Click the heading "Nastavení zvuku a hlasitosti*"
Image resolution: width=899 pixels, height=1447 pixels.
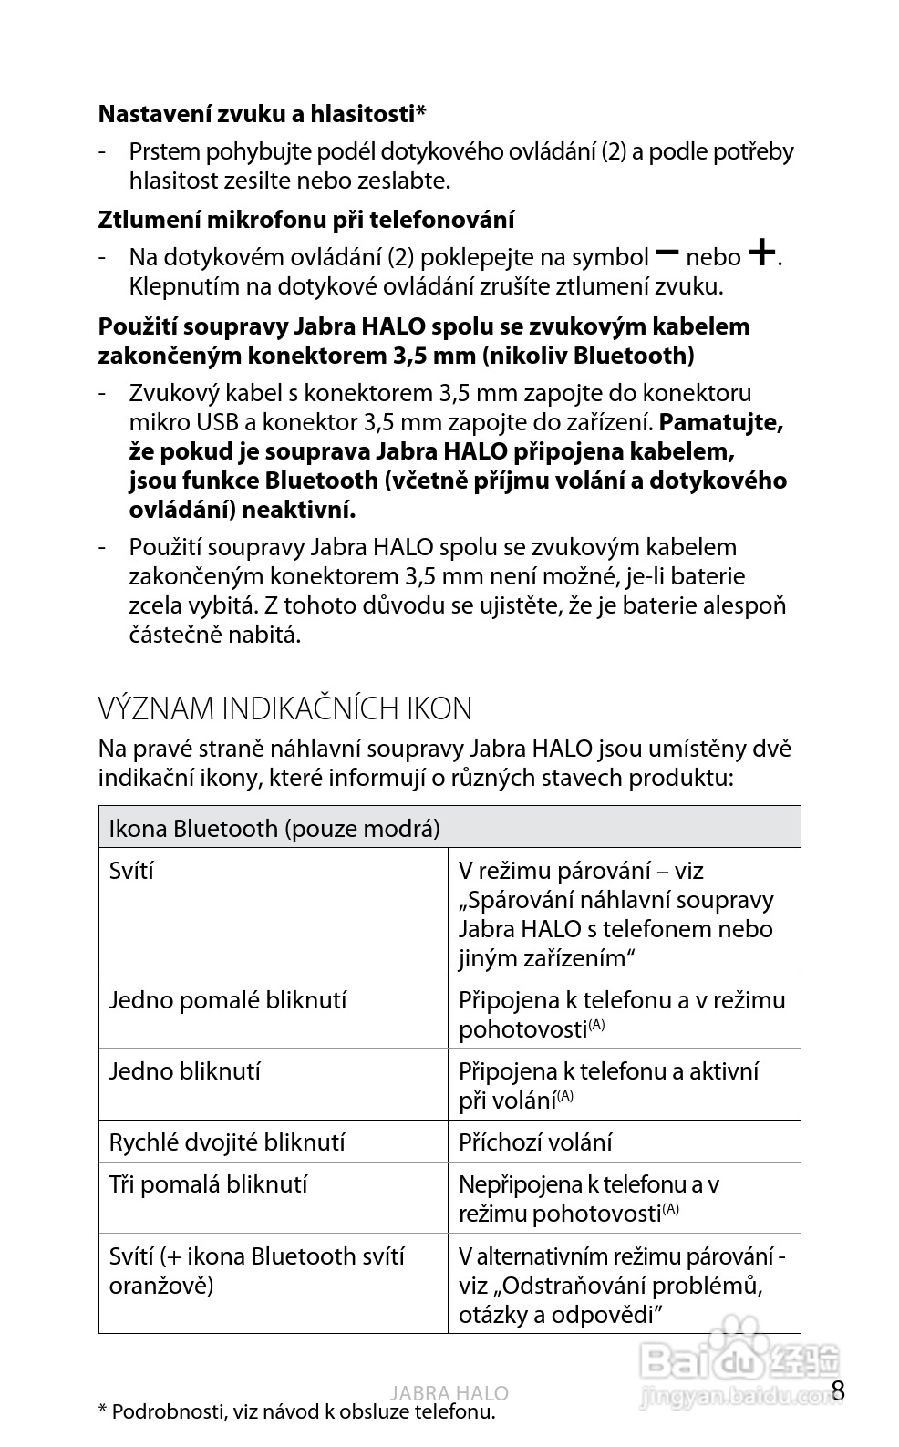click(x=263, y=114)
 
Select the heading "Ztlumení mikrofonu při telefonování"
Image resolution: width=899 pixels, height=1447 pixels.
click(x=305, y=220)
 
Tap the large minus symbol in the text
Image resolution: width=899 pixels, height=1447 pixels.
click(x=667, y=252)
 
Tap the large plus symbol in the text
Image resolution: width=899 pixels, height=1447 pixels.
click(x=762, y=252)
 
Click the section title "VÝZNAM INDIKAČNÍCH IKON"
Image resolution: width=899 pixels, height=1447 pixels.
click(x=284, y=708)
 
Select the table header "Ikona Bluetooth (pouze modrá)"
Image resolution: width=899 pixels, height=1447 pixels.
click(x=274, y=828)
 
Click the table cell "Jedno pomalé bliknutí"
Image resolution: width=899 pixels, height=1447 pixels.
click(x=228, y=1000)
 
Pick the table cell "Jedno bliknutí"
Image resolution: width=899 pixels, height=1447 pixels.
click(x=185, y=1071)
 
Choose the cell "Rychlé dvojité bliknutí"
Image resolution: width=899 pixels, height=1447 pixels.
click(x=227, y=1142)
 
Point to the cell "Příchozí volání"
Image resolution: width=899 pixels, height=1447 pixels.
click(x=535, y=1142)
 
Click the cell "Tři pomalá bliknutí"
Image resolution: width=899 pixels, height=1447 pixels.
click(x=208, y=1184)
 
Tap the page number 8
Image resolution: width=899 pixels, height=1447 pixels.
click(x=839, y=1390)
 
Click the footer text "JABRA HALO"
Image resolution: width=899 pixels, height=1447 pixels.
click(x=449, y=1393)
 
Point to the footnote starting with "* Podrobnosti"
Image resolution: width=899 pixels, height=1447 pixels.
click(x=296, y=1412)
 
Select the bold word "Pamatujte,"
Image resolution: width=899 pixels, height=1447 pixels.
click(x=721, y=422)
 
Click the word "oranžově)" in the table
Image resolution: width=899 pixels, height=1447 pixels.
click(x=161, y=1286)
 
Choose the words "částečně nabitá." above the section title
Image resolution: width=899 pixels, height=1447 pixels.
click(x=215, y=635)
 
